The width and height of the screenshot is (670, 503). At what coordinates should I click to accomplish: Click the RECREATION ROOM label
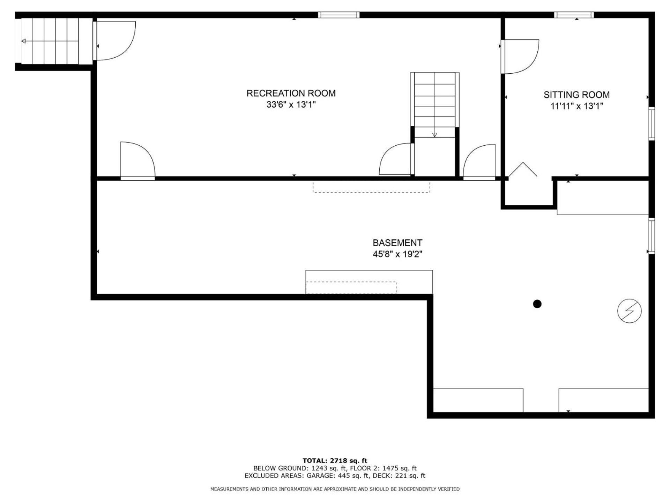[x=291, y=93]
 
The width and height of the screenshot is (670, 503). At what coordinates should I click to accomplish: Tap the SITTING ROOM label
[x=576, y=95]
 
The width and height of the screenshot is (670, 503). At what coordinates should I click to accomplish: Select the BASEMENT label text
[x=397, y=243]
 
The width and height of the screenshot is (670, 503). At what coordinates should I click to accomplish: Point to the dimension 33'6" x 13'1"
[x=291, y=104]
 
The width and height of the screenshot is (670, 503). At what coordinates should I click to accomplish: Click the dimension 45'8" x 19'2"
[x=397, y=254]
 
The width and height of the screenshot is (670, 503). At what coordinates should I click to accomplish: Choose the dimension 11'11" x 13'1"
[x=576, y=106]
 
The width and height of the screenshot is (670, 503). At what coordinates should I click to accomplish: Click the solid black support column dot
[x=537, y=304]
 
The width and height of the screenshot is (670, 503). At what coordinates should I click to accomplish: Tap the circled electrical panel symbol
[x=630, y=311]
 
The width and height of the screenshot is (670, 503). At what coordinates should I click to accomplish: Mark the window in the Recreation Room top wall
[x=338, y=15]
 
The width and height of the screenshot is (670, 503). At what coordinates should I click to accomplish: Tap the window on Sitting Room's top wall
[x=574, y=15]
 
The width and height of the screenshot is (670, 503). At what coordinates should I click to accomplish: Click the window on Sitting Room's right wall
[x=652, y=124]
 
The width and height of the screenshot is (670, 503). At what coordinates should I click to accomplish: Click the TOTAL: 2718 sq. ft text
[x=335, y=460]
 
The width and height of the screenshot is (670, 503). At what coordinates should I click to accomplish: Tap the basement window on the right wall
[x=652, y=236]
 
